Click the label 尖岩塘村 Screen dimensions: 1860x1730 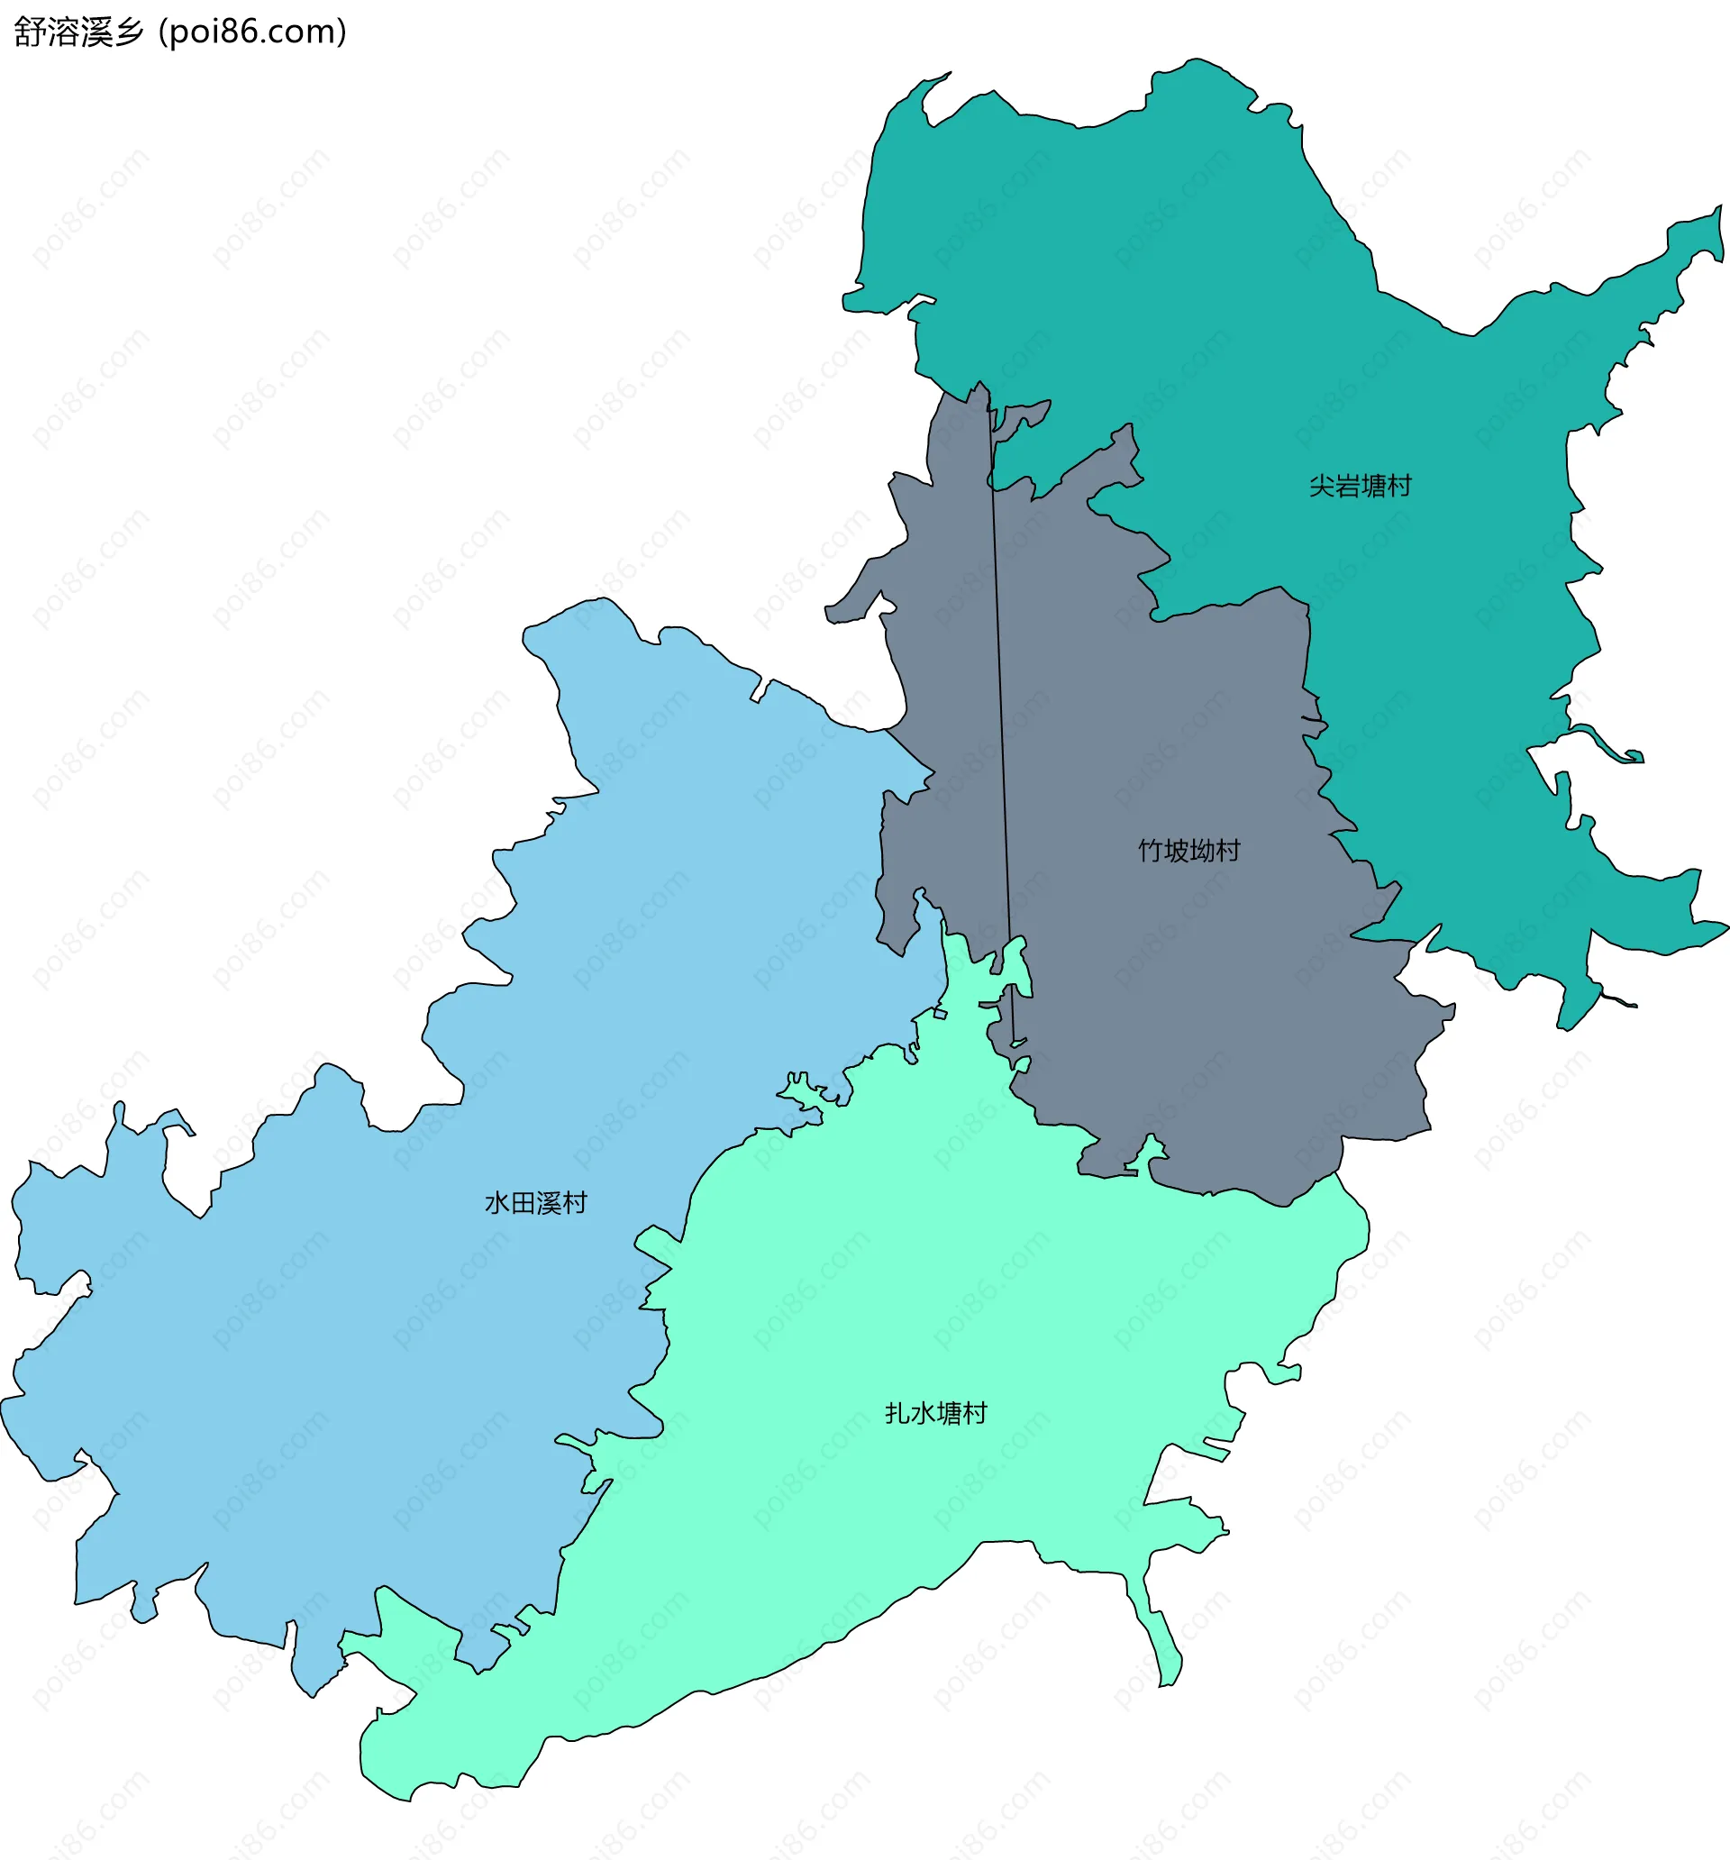click(1359, 487)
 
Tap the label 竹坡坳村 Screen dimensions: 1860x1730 click(1188, 851)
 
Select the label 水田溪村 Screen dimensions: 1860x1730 click(535, 1203)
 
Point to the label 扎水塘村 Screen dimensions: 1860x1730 click(935, 1413)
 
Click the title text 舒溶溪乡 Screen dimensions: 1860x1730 click(79, 32)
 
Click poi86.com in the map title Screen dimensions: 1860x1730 click(252, 32)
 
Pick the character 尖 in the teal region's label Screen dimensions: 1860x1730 click(1320, 487)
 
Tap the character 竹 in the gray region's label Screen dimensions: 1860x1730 click(1150, 851)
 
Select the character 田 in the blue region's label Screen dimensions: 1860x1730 click(522, 1203)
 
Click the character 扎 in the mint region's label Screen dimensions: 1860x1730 click(897, 1413)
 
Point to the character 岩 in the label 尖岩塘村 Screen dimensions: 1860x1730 click(1345, 487)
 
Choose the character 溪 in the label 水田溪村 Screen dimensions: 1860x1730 click(549, 1203)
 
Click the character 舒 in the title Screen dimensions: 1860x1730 click(29, 32)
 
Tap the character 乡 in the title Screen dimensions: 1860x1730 click(130, 32)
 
